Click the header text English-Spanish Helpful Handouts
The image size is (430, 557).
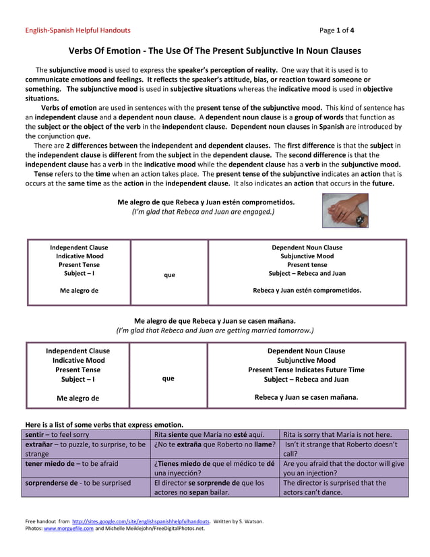tap(78, 30)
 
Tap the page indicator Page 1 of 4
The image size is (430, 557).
tap(337, 30)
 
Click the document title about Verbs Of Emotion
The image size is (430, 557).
tap(215, 51)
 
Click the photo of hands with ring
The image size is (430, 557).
tap(345, 211)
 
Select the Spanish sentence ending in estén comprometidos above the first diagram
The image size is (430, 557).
tap(206, 202)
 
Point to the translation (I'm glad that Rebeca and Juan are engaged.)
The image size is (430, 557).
tap(203, 212)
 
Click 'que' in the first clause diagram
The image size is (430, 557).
tap(169, 274)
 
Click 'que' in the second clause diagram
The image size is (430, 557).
tap(168, 378)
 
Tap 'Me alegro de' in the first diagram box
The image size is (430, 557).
tap(79, 291)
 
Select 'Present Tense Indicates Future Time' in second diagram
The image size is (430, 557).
tap(306, 370)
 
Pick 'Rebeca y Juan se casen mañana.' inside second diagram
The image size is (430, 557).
tap(306, 397)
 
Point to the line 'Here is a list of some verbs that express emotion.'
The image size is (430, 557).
tap(104, 425)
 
